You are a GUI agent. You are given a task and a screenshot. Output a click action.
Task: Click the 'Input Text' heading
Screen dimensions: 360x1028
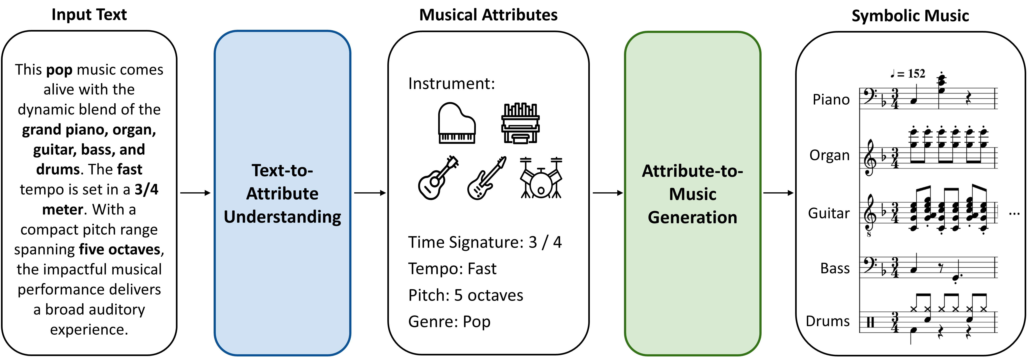(89, 15)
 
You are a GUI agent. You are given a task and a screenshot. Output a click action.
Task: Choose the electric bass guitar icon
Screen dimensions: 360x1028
(486, 178)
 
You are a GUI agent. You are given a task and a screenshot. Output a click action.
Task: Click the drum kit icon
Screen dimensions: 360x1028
(541, 178)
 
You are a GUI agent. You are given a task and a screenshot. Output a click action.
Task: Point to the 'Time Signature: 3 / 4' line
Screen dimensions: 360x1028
(484, 242)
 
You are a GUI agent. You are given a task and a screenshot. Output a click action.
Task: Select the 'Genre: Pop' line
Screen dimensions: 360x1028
(449, 321)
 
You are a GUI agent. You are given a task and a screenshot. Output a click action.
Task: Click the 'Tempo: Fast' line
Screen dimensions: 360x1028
(452, 269)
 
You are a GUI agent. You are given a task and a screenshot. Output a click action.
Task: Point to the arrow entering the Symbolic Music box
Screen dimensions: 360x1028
(778, 193)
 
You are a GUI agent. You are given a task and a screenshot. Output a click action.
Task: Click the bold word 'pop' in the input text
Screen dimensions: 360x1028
(60, 70)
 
